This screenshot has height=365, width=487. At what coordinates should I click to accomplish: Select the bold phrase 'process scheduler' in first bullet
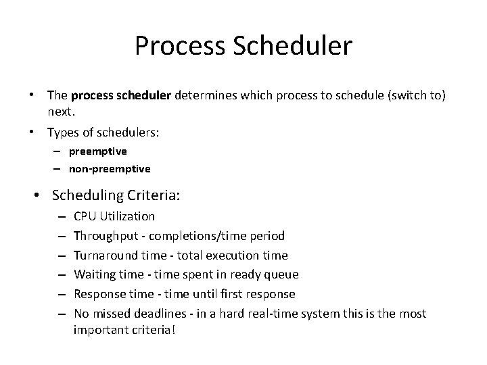121,97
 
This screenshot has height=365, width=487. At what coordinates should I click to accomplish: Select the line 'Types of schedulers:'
103,133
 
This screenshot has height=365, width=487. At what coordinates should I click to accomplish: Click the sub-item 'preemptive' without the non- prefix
97,151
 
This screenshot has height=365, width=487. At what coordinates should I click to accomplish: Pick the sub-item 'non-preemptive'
110,168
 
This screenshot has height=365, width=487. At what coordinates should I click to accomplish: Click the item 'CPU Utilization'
114,216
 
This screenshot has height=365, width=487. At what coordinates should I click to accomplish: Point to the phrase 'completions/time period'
216,236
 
